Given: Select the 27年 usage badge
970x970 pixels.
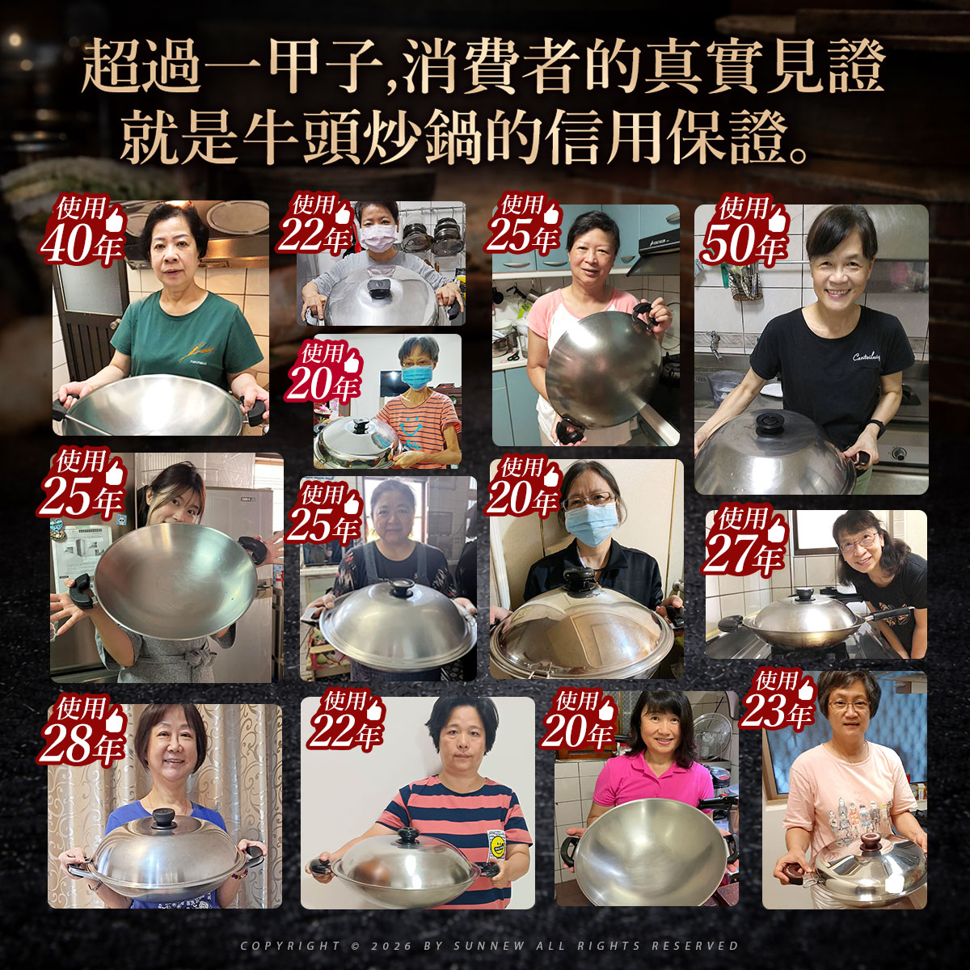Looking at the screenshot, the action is (744, 544).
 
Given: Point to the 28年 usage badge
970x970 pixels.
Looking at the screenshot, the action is (82, 731).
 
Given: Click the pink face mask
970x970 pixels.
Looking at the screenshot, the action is (377, 235).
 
